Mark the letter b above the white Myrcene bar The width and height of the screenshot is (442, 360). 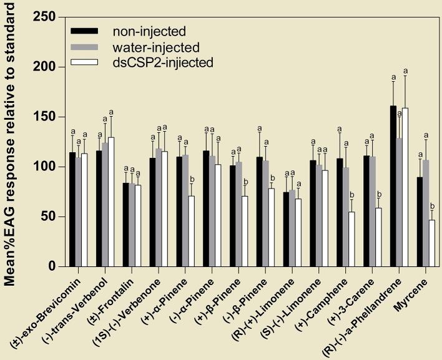[x=432, y=205]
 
